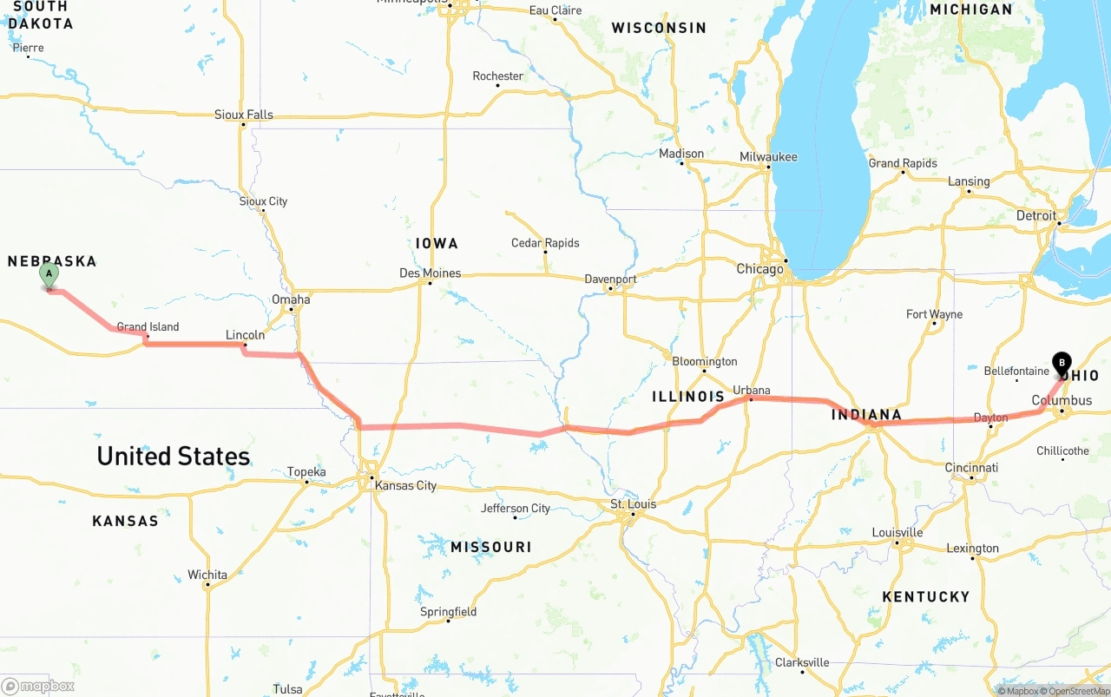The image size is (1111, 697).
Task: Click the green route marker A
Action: (x=49, y=275)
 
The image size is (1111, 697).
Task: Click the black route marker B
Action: (x=1061, y=363)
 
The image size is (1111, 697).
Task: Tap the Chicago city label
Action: (x=759, y=269)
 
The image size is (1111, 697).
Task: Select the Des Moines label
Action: (x=430, y=273)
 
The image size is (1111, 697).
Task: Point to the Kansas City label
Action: (x=405, y=485)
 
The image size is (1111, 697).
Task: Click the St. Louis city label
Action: (x=633, y=504)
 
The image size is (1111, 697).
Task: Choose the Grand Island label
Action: (x=148, y=327)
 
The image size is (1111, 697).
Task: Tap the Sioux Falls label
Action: (x=244, y=115)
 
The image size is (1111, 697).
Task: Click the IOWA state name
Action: (x=437, y=244)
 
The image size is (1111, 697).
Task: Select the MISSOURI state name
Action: (x=490, y=547)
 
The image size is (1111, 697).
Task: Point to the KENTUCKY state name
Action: (x=925, y=596)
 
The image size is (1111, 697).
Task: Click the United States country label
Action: (x=173, y=456)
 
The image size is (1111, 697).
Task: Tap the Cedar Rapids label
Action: (x=545, y=243)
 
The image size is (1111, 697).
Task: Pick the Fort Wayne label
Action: (x=934, y=314)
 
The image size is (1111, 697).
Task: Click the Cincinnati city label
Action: (x=971, y=468)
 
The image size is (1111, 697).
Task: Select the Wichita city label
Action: (x=207, y=575)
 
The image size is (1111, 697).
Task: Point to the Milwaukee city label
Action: (x=768, y=157)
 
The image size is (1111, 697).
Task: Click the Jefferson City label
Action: (x=516, y=509)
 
